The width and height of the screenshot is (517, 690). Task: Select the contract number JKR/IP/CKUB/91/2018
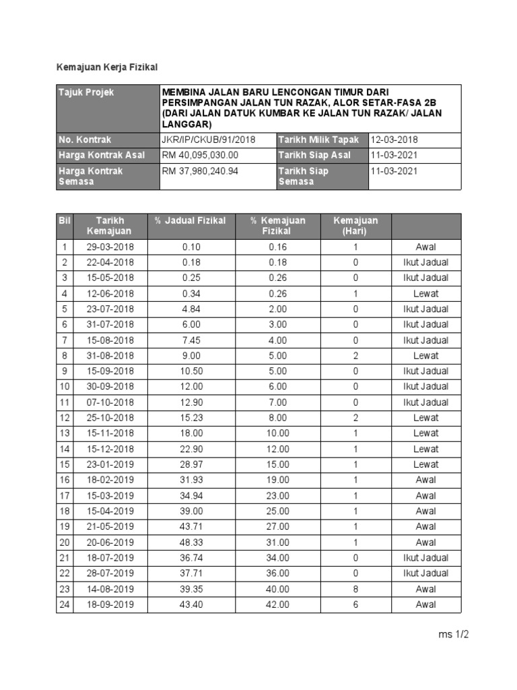click(209, 139)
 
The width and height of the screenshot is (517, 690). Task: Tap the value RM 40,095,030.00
click(201, 155)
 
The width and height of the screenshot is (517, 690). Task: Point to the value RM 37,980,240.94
click(201, 171)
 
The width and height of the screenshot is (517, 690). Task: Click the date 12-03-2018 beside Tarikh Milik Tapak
click(394, 139)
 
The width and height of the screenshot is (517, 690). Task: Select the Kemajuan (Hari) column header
click(355, 226)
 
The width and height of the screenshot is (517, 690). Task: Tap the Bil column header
click(65, 220)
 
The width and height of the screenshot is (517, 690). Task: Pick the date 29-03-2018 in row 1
click(110, 247)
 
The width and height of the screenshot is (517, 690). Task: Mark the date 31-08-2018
click(110, 356)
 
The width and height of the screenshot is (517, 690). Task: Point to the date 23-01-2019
click(110, 465)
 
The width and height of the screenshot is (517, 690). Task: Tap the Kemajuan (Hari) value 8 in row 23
click(355, 589)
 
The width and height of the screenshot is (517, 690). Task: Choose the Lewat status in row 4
click(425, 293)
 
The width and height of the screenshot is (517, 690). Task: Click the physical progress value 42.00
click(277, 604)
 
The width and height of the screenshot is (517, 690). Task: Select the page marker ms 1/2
click(453, 635)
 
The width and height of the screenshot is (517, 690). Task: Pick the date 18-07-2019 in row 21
click(110, 558)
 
